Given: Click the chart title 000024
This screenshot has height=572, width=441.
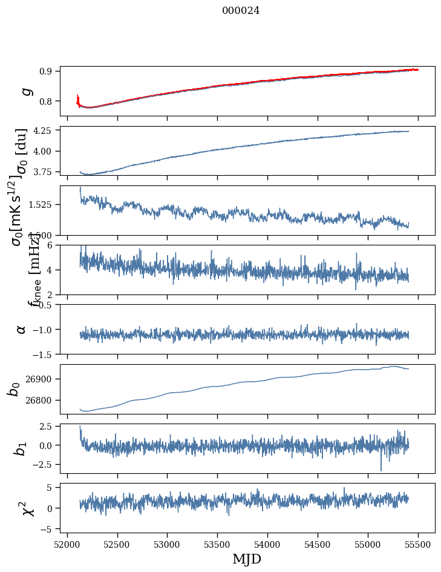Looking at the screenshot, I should coord(241,10).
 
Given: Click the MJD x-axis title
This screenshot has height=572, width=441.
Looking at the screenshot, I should coord(247,559).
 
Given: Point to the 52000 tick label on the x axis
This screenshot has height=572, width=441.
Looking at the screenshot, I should coord(67,544).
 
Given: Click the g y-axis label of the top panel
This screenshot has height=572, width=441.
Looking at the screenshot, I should coord(25,91).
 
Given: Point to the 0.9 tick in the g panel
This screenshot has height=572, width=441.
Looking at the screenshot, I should coord(48,71).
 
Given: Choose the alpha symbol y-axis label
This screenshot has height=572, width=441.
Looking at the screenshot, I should coord(21,329).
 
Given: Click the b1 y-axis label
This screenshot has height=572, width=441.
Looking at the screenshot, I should coord(20,448).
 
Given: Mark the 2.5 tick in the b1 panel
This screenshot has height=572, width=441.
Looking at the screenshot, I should coord(48,427).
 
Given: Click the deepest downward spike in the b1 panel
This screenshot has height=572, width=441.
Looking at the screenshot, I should coord(381,470).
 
